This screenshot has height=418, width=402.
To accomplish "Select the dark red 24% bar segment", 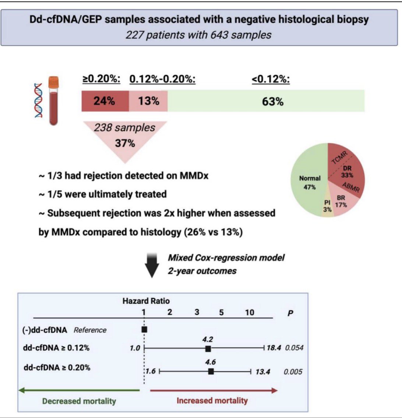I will point(105,101).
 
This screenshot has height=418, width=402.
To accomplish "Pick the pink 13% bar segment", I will point(148,101).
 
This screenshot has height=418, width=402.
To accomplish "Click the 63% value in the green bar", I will point(273,102).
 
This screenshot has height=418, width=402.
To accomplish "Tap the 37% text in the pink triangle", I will point(125,143).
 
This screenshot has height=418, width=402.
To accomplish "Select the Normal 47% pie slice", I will point(308,182).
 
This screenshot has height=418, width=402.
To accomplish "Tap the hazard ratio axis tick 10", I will point(249,312).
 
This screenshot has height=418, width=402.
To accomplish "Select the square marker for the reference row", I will point(144,329).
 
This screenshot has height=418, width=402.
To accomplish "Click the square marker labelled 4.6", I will point(211,371).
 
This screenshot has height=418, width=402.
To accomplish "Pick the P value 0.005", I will point(293,372).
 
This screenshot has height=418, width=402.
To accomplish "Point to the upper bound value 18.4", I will point(274,348).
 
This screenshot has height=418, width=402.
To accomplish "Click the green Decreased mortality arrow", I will point(79,391).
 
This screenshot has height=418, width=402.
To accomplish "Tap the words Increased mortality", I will point(212,401).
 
